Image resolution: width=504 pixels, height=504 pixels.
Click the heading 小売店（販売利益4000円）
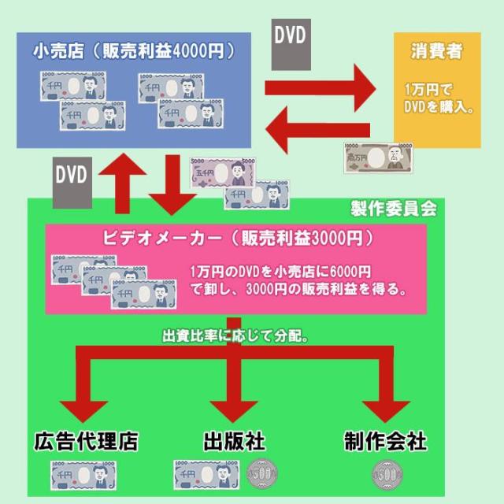point(134,52)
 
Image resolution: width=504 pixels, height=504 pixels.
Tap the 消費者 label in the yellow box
point(435,52)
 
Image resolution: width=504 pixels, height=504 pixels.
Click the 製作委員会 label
point(393,209)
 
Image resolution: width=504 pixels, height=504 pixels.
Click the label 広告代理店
point(86,442)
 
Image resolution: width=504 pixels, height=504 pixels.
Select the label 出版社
point(233,442)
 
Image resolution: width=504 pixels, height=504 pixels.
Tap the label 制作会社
point(385,442)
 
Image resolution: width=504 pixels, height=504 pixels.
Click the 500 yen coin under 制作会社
point(385,476)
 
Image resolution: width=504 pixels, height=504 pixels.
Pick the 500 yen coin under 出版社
point(261,476)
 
